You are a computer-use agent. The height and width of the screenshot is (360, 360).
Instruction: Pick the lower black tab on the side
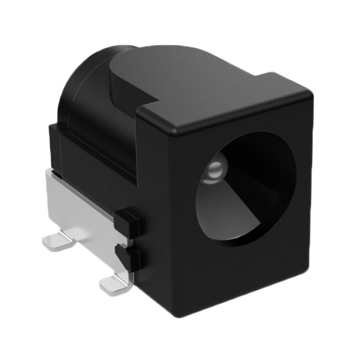[x=127, y=258]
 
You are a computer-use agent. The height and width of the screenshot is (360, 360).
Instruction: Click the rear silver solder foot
[x=59, y=241]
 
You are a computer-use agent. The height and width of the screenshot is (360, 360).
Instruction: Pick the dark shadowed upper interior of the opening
[x=253, y=155]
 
